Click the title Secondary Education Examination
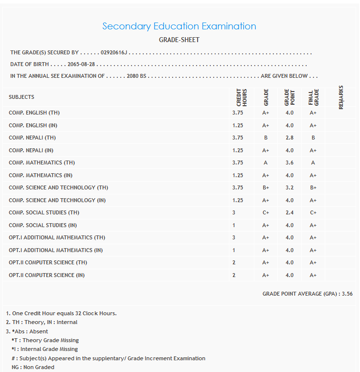click(x=179, y=26)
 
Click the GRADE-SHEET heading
click(x=179, y=40)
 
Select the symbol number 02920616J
click(x=113, y=52)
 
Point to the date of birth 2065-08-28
click(x=81, y=64)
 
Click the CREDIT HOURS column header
click(x=242, y=97)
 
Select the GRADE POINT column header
click(x=290, y=97)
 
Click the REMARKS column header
click(x=341, y=97)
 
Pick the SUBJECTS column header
click(x=22, y=97)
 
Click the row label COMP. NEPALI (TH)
click(x=32, y=138)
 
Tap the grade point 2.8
click(x=290, y=138)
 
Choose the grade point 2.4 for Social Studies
click(x=290, y=212)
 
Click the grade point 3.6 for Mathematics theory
click(x=290, y=163)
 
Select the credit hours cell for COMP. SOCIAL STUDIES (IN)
click(x=234, y=225)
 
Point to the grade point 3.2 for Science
click(x=290, y=187)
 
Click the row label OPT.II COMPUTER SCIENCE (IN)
click(x=46, y=275)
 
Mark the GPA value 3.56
click(x=347, y=294)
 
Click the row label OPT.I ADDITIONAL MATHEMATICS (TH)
click(x=50, y=237)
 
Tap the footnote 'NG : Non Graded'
click(x=33, y=367)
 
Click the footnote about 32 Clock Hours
click(x=61, y=313)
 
